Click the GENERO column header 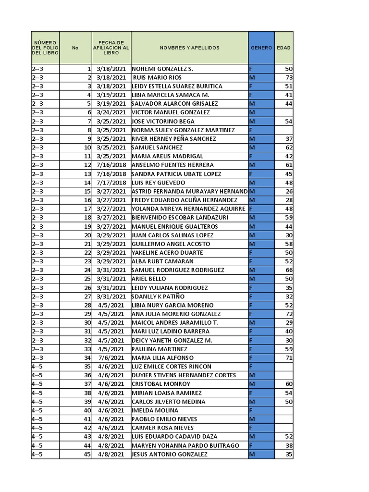(261, 48)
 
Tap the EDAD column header (283, 48)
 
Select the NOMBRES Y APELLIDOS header (189, 48)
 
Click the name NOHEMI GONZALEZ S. (162, 69)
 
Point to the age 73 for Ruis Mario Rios (289, 77)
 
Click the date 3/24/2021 (111, 112)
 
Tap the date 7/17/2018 (111, 183)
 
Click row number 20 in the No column (87, 235)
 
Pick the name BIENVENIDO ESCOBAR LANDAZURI (180, 217)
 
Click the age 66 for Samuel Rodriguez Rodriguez (289, 270)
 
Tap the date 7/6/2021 (111, 357)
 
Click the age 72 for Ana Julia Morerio (289, 314)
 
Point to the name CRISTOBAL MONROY (161, 384)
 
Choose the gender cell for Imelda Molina (261, 410)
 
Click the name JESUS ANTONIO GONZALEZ (170, 454)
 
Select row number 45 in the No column (87, 454)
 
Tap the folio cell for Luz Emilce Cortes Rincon (45, 367)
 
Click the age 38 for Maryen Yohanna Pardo (289, 445)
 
